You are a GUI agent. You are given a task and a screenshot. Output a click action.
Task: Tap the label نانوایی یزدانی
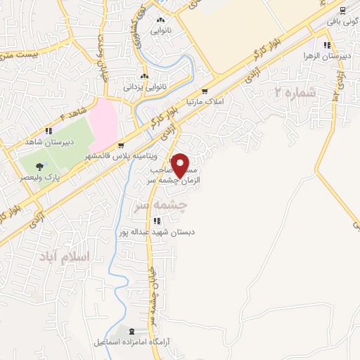point(144,88)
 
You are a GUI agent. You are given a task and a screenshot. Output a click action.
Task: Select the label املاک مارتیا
point(204,102)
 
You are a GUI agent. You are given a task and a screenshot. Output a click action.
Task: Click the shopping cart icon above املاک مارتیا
point(205,91)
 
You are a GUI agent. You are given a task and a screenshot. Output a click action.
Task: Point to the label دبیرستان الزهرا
point(317,54)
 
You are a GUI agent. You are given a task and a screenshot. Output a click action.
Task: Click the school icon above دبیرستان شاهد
point(49,130)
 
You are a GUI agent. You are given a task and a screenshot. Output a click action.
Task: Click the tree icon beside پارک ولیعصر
point(39,167)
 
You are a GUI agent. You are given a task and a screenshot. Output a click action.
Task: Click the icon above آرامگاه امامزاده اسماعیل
point(133,330)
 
